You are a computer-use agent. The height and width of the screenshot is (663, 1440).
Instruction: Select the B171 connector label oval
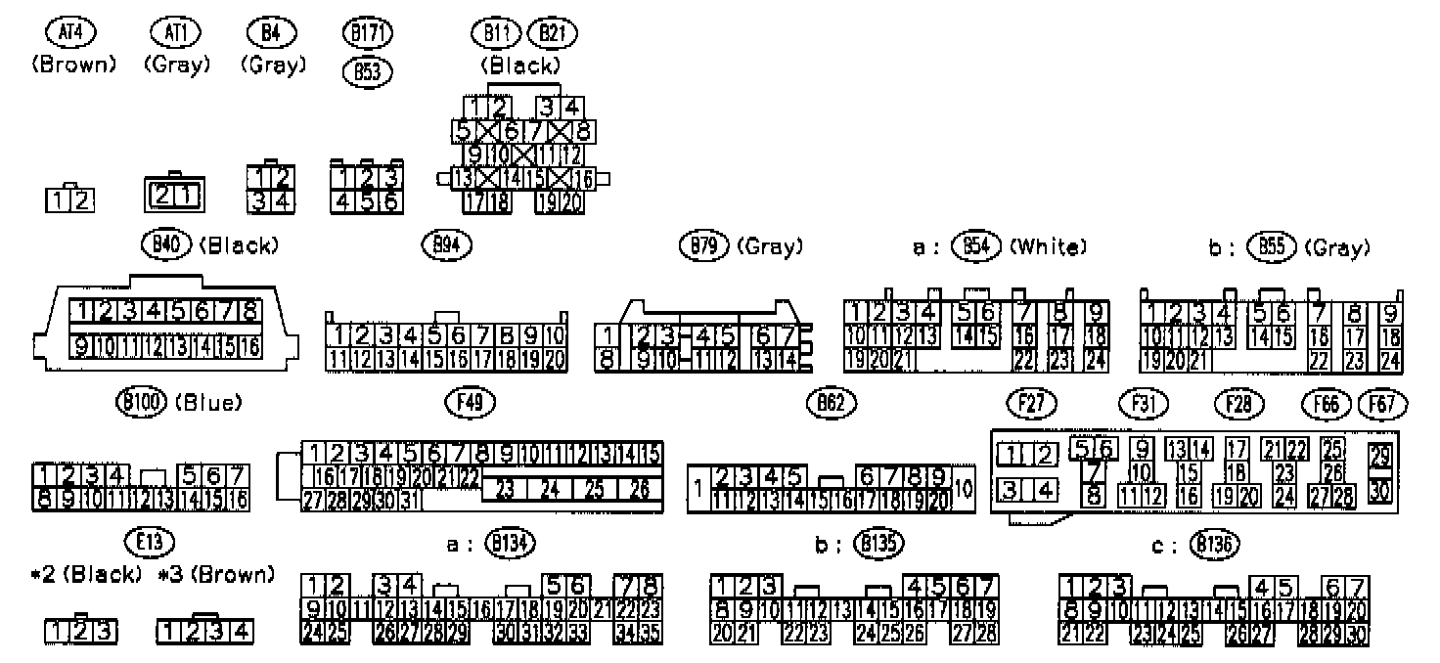369,33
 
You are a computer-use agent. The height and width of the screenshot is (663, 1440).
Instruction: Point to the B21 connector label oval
553,33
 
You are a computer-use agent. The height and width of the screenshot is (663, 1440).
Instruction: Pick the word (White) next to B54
1047,247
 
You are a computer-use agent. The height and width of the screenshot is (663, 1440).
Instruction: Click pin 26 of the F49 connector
641,489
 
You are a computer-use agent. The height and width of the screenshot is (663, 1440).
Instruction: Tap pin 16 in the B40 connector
249,345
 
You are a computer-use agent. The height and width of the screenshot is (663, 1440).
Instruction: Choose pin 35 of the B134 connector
652,631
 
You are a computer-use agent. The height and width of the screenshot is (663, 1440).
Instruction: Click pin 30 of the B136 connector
1356,632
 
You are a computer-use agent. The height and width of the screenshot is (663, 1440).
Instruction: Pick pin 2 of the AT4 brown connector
84,201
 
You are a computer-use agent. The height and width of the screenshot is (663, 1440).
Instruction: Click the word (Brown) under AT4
73,66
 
